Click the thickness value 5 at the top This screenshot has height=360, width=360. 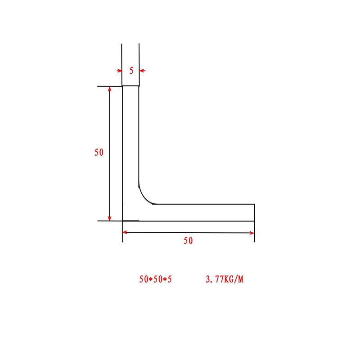[x=131, y=71]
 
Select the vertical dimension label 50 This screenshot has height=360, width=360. [x=99, y=153]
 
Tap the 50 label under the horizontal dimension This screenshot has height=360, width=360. [x=188, y=241]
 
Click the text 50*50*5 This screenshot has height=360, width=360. [x=156, y=279]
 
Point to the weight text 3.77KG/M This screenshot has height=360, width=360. [x=224, y=279]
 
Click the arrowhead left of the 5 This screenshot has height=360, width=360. [x=120, y=71]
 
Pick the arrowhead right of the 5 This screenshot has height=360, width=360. [x=142, y=71]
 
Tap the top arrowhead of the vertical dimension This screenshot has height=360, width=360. [x=110, y=89]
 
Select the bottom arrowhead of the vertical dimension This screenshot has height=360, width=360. [x=110, y=218]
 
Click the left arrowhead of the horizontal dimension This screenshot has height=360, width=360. [x=126, y=232]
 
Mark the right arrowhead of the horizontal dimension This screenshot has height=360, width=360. [x=252, y=233]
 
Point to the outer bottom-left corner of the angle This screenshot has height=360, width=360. [x=123, y=221]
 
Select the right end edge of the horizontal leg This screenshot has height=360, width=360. [x=255, y=212]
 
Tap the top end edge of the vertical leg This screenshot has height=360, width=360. [x=131, y=85]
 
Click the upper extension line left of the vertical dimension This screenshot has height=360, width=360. [x=108, y=86]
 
